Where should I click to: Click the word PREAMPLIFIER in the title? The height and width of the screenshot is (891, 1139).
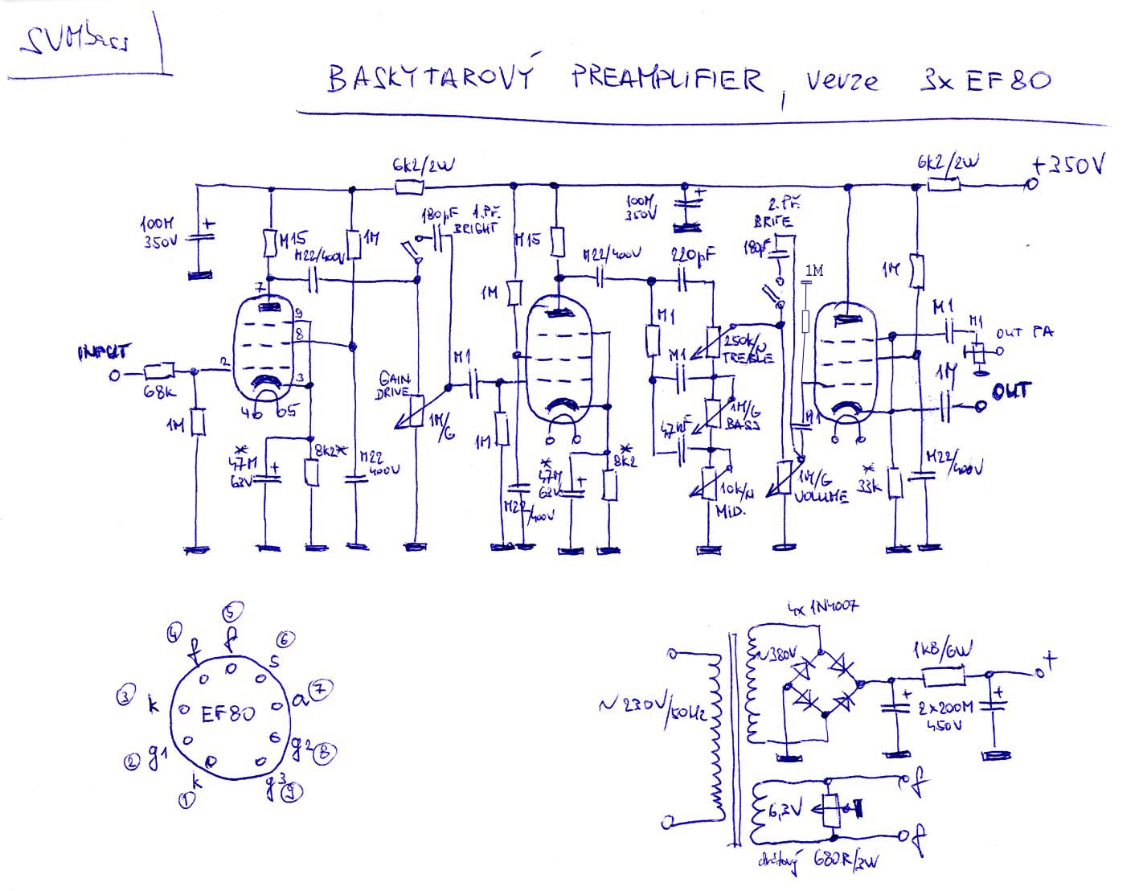(x=667, y=80)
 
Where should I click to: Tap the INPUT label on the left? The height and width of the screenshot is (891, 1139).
(x=104, y=352)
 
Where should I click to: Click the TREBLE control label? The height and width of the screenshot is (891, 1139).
(x=748, y=358)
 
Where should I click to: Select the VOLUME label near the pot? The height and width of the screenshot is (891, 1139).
(x=821, y=496)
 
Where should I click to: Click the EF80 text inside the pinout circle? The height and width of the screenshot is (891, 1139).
(x=228, y=713)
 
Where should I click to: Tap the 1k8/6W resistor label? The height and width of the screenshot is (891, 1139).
(x=942, y=650)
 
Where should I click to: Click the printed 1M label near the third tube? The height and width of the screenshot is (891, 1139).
(x=813, y=272)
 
